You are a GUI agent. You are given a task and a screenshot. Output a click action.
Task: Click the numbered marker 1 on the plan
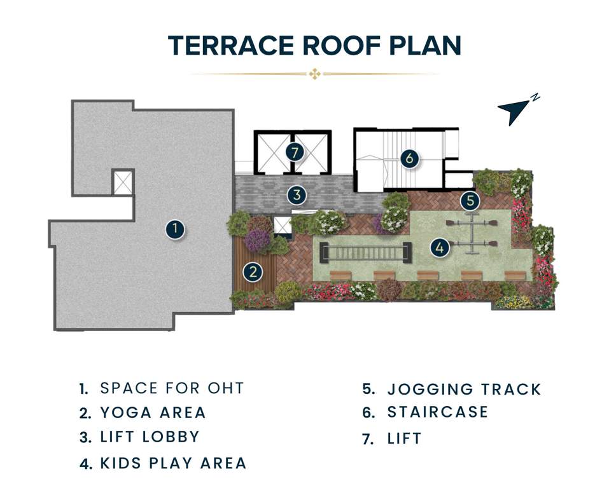pyautogui.click(x=175, y=229)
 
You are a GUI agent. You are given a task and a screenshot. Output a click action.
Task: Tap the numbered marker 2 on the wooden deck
pyautogui.click(x=253, y=273)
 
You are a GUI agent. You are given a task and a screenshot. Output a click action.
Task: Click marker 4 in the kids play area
pyautogui.click(x=439, y=247)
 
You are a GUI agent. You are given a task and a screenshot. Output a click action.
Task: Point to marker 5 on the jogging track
pyautogui.click(x=470, y=201)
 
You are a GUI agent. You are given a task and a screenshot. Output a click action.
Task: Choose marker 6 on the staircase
pyautogui.click(x=409, y=157)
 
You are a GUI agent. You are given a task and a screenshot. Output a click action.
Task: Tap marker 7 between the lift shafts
pyautogui.click(x=294, y=152)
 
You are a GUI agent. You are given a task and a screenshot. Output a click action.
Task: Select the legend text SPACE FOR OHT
pyautogui.click(x=172, y=388)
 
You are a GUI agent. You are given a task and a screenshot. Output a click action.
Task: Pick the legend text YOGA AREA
pyautogui.click(x=153, y=412)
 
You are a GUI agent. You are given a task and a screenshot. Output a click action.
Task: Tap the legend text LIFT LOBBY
pyautogui.click(x=150, y=437)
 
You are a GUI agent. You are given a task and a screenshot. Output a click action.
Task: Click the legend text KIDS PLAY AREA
pyautogui.click(x=173, y=463)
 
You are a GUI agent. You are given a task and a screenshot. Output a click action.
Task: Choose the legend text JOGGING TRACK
pyautogui.click(x=464, y=389)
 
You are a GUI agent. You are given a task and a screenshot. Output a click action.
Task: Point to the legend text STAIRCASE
pyautogui.click(x=438, y=412)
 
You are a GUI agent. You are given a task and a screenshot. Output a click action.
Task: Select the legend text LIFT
pyautogui.click(x=404, y=438)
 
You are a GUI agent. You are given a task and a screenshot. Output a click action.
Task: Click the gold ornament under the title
pyautogui.click(x=314, y=74)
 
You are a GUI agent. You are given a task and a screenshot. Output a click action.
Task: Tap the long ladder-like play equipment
pyautogui.click(x=361, y=253)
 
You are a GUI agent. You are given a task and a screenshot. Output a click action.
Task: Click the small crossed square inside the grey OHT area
pyautogui.click(x=123, y=182)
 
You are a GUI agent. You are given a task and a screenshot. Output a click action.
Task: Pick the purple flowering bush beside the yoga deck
pyautogui.click(x=258, y=241)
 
